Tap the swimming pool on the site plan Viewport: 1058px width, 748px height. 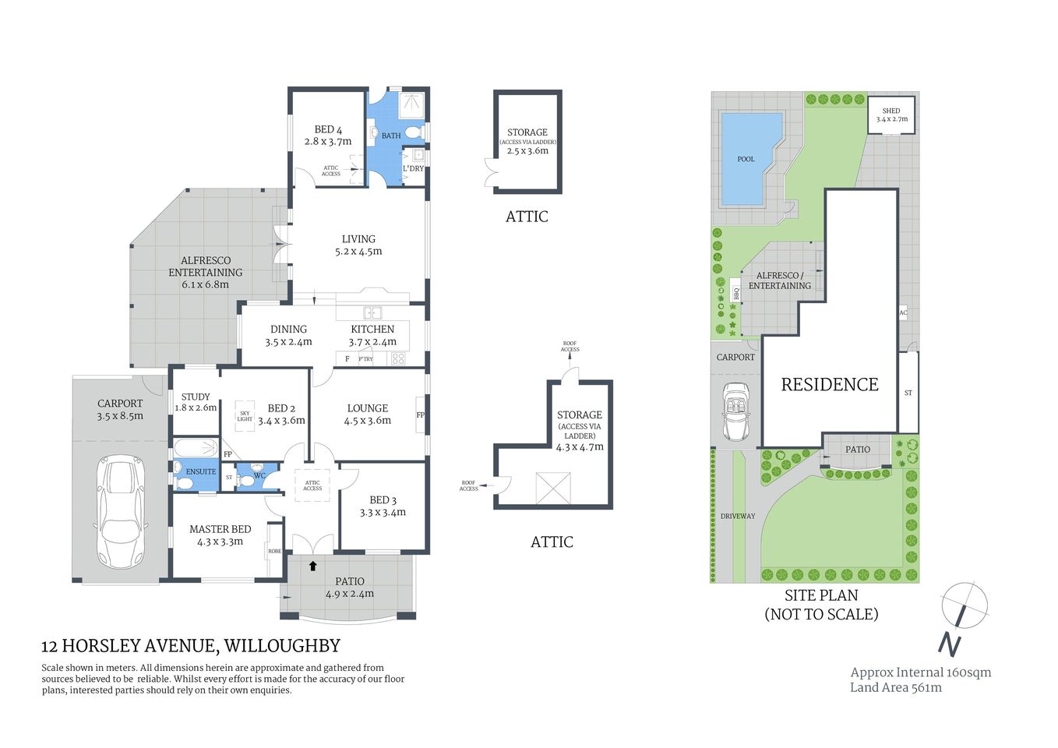pos(745,160)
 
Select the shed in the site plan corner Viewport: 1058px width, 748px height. pos(891,115)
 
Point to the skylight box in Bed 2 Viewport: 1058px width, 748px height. pos(245,417)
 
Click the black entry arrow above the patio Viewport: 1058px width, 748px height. pos(313,566)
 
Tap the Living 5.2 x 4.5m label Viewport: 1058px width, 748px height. pos(358,245)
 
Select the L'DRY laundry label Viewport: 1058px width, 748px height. pos(413,168)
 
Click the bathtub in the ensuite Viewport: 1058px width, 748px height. pos(195,448)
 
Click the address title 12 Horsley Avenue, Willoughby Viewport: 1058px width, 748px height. pos(191,646)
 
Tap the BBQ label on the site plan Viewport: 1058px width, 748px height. pos(735,294)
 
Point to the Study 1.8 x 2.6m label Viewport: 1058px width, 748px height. pos(195,402)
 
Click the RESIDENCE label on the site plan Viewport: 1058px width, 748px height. pos(830,384)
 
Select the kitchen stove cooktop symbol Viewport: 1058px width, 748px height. pos(398,358)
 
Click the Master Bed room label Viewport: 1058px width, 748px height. pos(220,535)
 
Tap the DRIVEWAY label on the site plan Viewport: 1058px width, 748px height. pos(737,516)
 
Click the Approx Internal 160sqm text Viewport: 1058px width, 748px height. pos(920,672)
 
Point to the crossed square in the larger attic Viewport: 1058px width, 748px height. pos(552,488)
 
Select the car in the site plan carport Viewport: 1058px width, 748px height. pos(735,411)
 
